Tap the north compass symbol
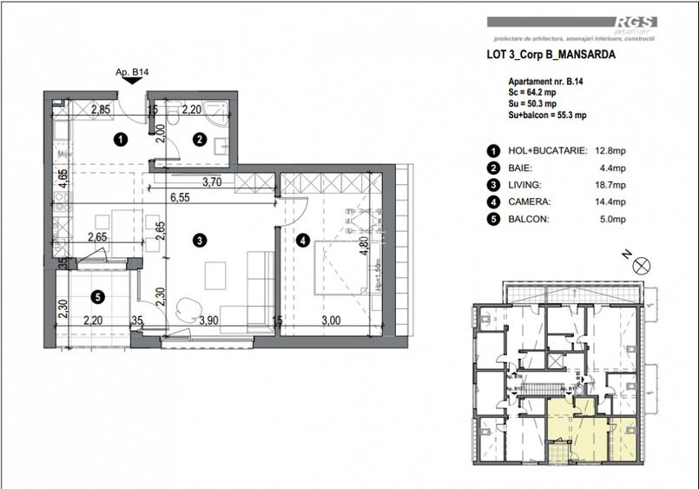[x=642, y=267]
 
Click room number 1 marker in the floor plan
[x=122, y=137]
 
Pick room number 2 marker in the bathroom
[x=199, y=138]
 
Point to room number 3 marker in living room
[x=199, y=241]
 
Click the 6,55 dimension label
[x=181, y=197]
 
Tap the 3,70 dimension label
[x=213, y=182]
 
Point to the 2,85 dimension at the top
[x=101, y=109]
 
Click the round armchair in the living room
[x=188, y=306]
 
